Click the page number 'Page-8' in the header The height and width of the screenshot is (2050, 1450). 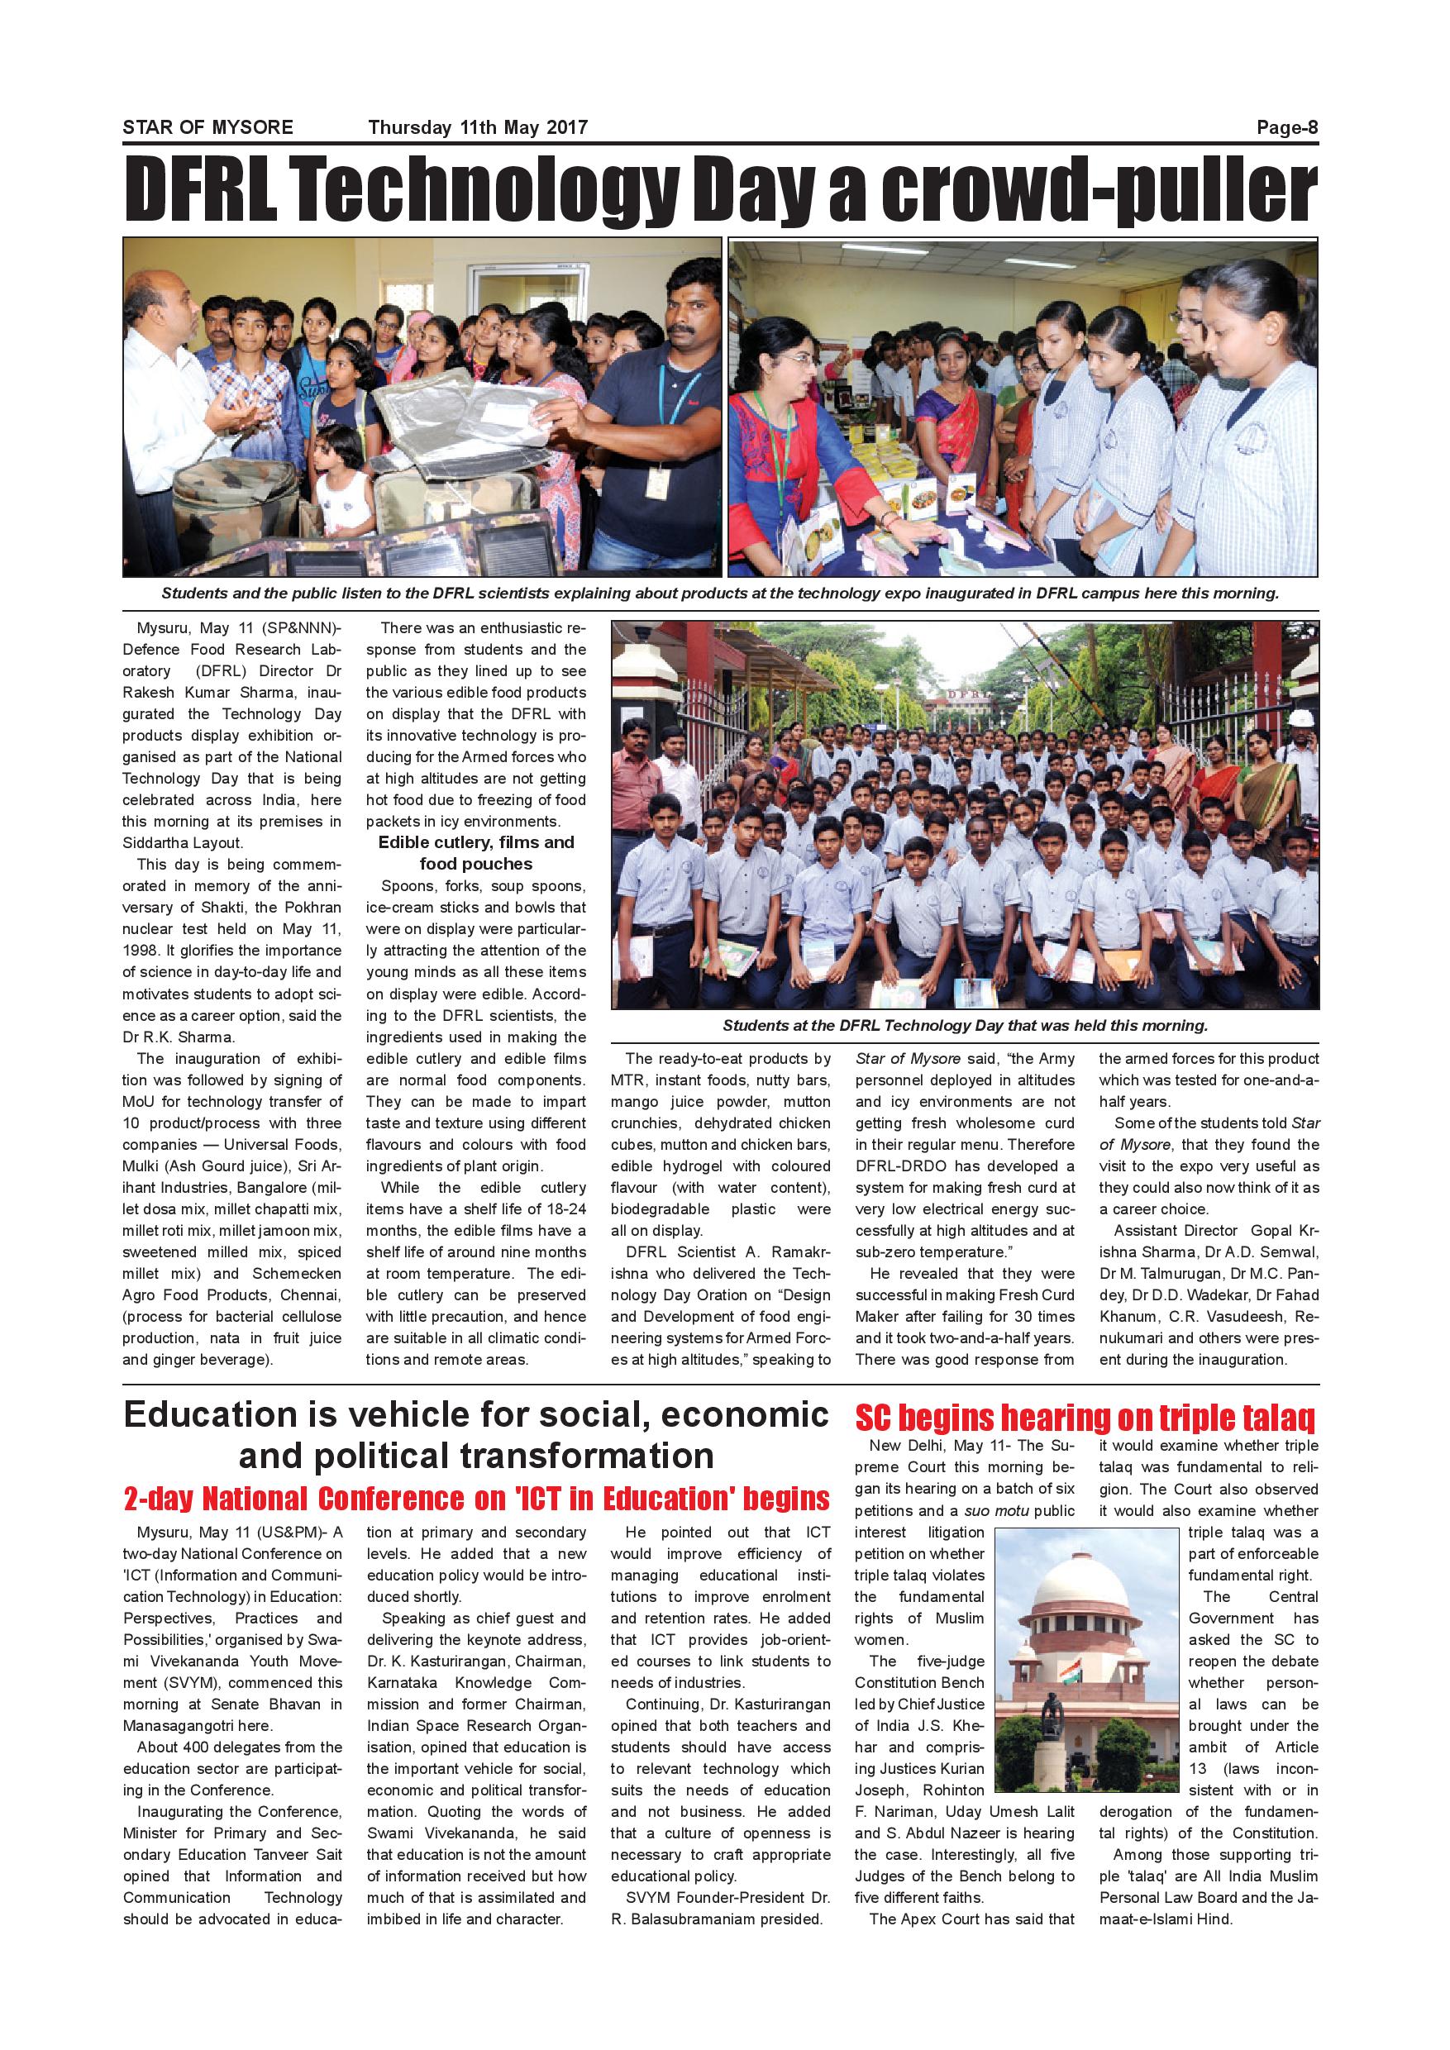point(1286,127)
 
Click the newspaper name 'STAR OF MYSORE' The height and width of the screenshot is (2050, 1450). point(208,127)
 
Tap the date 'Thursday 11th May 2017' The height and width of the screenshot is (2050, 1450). point(478,127)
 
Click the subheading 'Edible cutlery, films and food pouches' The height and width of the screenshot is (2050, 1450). point(476,853)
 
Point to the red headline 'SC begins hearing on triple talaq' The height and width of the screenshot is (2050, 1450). point(1085,1418)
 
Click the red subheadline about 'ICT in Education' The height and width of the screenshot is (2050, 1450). point(477,1498)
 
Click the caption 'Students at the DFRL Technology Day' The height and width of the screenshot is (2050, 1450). point(964,1026)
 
